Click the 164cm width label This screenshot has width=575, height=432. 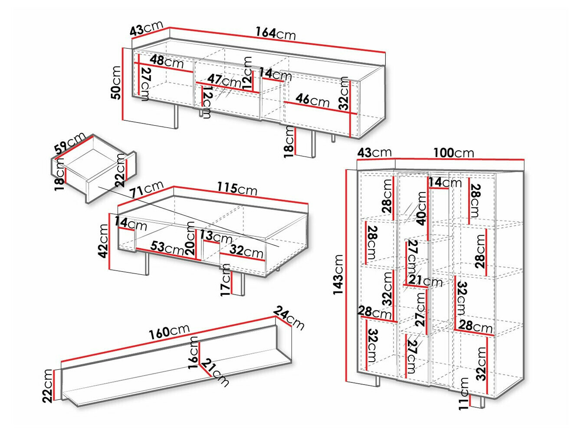tap(275, 33)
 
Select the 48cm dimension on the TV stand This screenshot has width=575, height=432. tap(167, 61)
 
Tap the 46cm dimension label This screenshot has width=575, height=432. tap(312, 100)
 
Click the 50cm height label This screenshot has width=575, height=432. tap(116, 83)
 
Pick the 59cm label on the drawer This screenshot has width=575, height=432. tap(70, 143)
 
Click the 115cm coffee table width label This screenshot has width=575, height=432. tap(237, 189)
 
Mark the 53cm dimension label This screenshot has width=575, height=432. tap(168, 248)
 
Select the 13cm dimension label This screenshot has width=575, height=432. tap(216, 237)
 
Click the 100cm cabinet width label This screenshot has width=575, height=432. tap(453, 153)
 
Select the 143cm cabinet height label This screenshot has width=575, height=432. tap(338, 275)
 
